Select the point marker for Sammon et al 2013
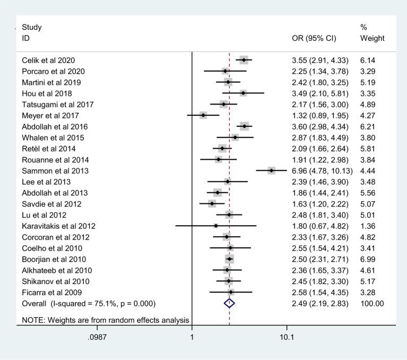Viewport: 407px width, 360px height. [271, 170]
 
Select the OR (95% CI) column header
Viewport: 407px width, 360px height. [316, 39]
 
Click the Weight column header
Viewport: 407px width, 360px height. [371, 39]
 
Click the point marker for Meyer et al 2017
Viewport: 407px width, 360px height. [203, 115]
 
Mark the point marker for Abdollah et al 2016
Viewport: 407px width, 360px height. [244, 126]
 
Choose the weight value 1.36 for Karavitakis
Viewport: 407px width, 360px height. [369, 226]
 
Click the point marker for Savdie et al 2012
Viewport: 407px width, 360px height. [212, 203]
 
